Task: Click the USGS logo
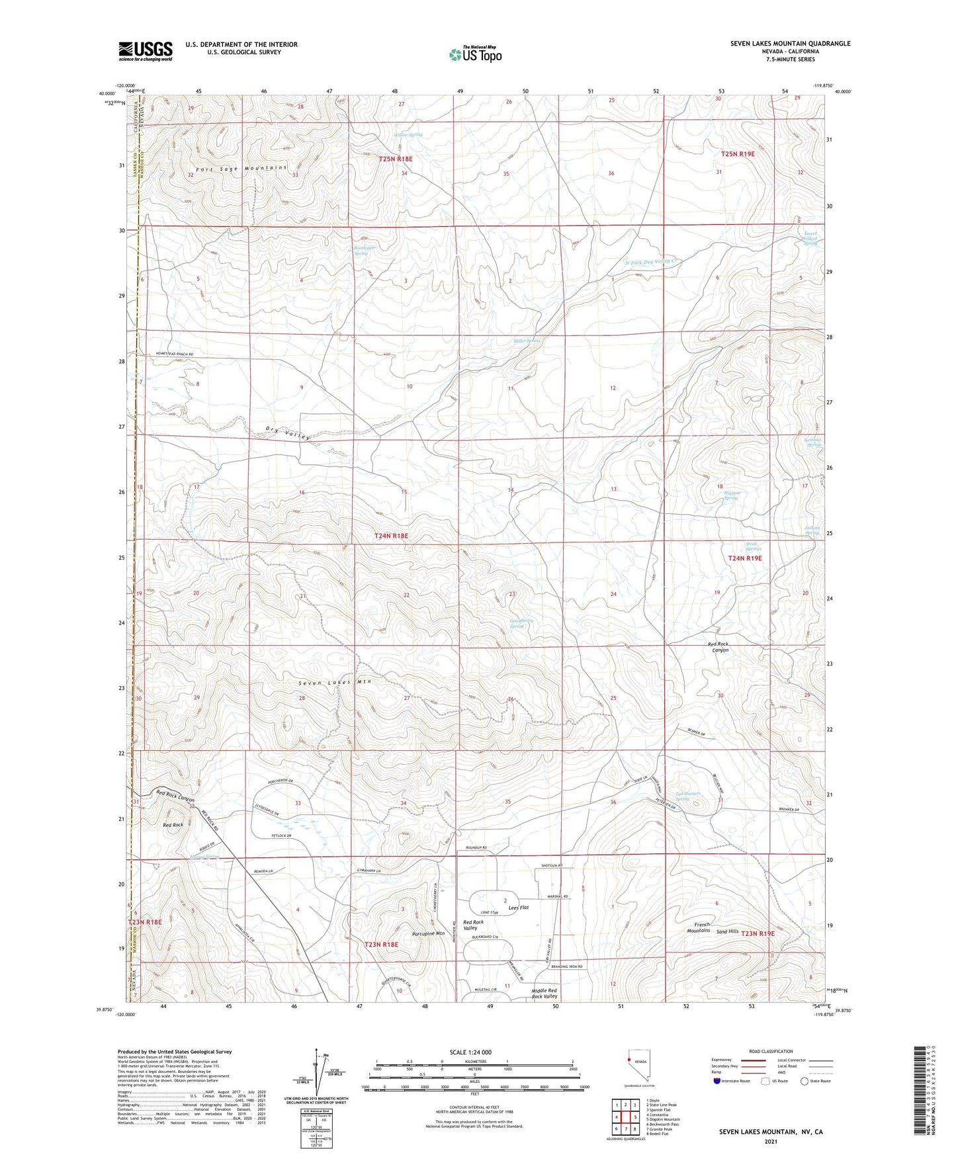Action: coord(145,51)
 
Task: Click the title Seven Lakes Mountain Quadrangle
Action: coord(790,44)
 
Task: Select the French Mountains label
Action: coord(701,927)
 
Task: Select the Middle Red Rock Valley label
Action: coord(544,993)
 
